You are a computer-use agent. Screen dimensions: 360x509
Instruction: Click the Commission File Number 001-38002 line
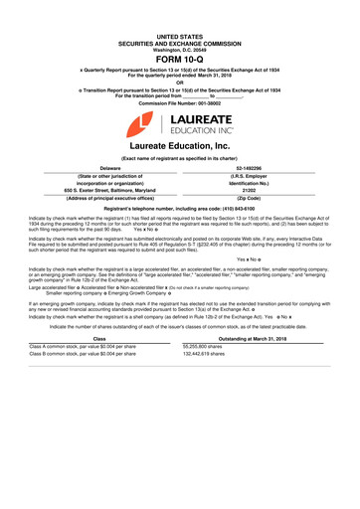(x=180, y=104)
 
